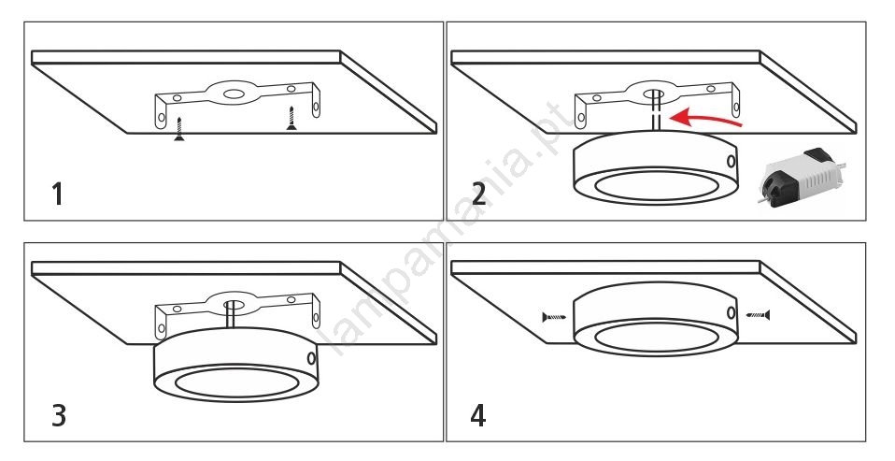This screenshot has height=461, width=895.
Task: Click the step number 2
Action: click(x=478, y=194)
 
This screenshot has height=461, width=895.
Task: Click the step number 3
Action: click(x=58, y=414)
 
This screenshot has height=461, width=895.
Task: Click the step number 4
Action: click(x=478, y=414)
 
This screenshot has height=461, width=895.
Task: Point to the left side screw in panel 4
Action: click(x=554, y=318)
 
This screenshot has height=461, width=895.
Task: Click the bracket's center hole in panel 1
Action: click(x=230, y=93)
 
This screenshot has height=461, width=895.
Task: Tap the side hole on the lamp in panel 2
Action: click(x=729, y=161)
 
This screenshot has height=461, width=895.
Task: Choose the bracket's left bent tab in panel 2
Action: click(x=581, y=113)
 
